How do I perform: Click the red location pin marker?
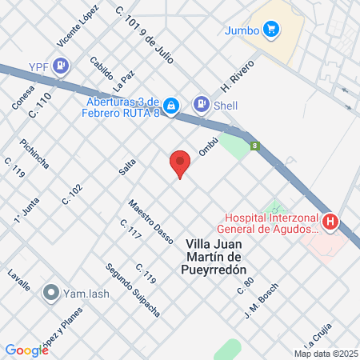tap(180, 163)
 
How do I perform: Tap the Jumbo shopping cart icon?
tap(272, 30)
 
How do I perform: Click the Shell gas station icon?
tap(201, 104)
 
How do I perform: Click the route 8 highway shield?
tap(254, 146)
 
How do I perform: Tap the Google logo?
tap(26, 350)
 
